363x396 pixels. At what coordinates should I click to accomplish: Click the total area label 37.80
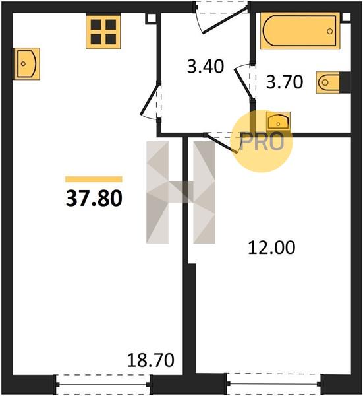(x=94, y=198)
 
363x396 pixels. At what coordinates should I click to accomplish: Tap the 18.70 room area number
(x=151, y=360)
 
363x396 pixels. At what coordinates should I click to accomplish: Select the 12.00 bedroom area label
(x=271, y=247)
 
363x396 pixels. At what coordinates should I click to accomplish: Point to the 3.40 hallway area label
(x=206, y=67)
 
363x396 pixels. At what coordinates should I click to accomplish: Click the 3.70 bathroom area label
(x=285, y=82)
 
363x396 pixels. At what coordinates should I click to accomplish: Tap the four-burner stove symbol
(x=103, y=32)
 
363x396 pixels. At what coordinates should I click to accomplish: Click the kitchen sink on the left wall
(x=27, y=63)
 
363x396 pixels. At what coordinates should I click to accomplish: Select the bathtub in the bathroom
(x=300, y=31)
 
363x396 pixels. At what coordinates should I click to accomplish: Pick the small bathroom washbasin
(x=278, y=121)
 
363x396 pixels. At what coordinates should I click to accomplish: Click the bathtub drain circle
(x=329, y=31)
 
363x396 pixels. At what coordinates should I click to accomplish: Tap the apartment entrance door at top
(x=221, y=18)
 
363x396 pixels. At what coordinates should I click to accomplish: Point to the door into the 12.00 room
(x=221, y=143)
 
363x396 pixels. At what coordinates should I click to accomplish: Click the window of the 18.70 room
(x=103, y=384)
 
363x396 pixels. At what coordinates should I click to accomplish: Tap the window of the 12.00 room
(x=275, y=384)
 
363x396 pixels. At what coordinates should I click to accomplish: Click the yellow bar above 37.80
(x=94, y=179)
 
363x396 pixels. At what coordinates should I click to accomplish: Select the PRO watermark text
(x=262, y=141)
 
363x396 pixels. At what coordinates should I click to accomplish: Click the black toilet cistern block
(x=345, y=82)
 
